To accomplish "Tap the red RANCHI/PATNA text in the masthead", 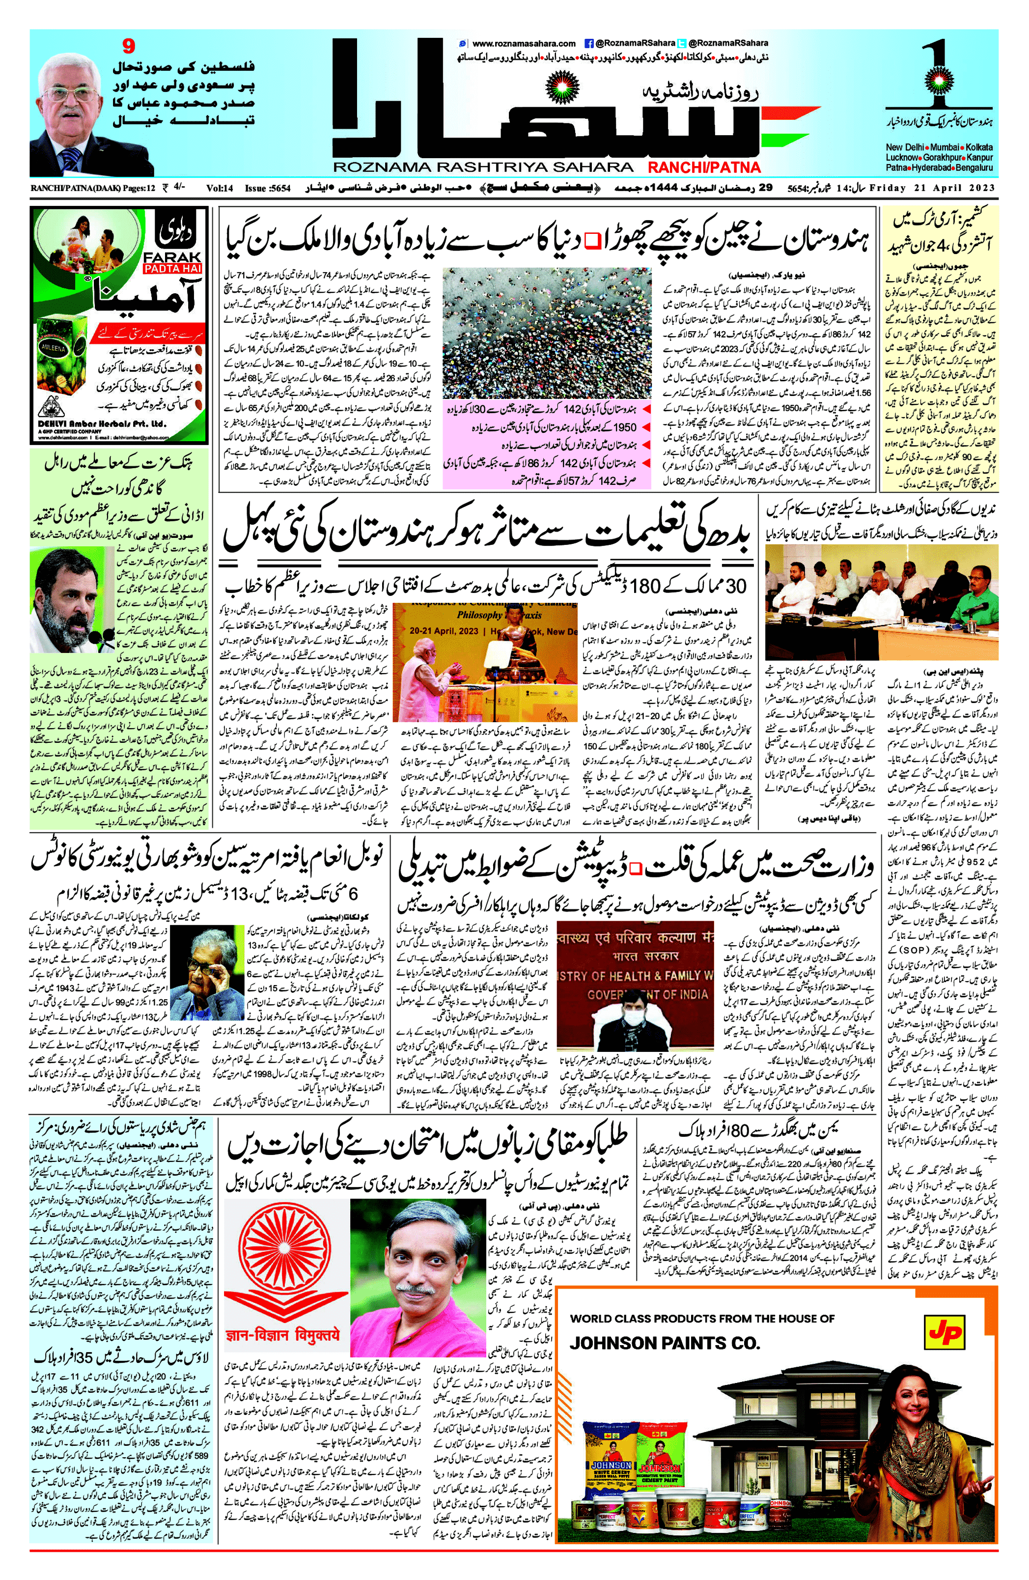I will tap(704, 168).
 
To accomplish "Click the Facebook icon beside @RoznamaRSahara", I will tap(588, 43).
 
